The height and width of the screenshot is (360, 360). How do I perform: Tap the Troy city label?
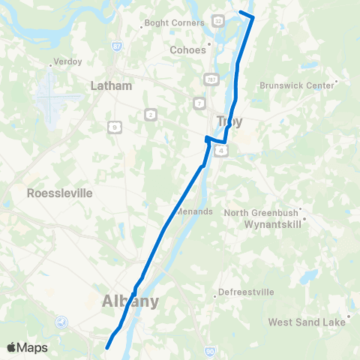coord(229,121)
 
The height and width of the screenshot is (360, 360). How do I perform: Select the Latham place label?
coord(111,85)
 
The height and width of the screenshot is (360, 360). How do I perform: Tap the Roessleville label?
coord(59,193)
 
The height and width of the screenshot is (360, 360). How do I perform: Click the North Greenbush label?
coord(262,212)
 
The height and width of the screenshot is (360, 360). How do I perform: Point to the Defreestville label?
coord(247,292)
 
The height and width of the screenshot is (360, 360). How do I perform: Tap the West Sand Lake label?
coord(307,322)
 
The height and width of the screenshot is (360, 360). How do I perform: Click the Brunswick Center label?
coord(297,85)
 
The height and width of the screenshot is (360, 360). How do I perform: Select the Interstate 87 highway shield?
coord(117,46)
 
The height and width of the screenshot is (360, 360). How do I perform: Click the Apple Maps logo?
coord(28,347)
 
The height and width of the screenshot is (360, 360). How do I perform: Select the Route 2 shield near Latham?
coord(151,114)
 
